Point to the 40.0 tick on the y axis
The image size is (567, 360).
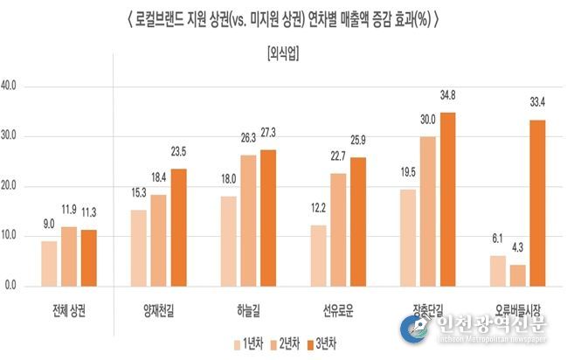pos(17,87)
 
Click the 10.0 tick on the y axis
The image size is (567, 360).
pos(17,236)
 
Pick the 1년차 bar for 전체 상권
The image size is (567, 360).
pos(50,263)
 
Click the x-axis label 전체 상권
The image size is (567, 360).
pos(69,310)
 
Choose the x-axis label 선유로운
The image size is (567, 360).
pos(338,310)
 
